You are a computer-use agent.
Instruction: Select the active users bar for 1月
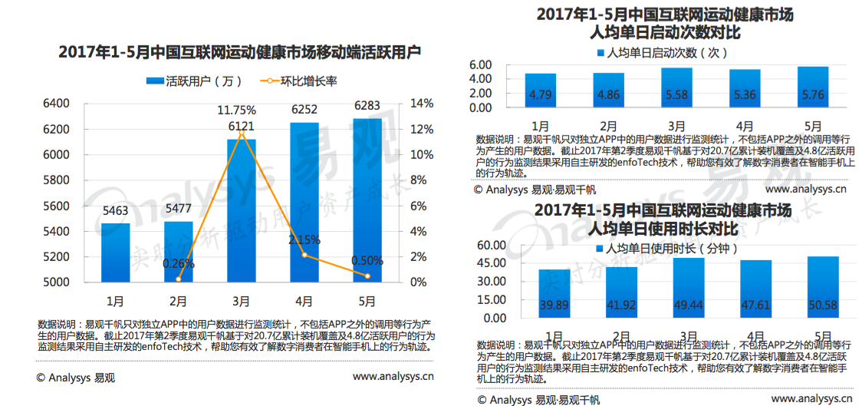[x=115, y=253]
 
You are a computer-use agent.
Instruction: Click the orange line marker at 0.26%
[x=178, y=279]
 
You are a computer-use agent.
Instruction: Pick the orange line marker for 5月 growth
[x=367, y=276]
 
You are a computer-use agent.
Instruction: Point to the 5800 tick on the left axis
[x=57, y=180]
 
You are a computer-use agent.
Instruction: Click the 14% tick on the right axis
[x=420, y=104]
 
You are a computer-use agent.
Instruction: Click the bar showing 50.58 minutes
[x=823, y=287]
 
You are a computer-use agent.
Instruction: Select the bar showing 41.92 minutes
[x=621, y=292]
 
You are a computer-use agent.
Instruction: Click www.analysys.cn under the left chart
[x=393, y=377]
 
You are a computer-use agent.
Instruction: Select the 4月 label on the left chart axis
[x=304, y=301]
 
